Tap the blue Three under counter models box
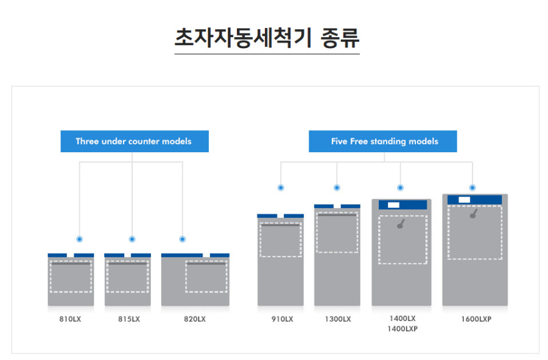(x=134, y=141)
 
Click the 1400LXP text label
(x=402, y=329)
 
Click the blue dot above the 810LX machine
(x=79, y=239)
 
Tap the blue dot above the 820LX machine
(x=182, y=239)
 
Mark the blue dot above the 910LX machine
(x=281, y=188)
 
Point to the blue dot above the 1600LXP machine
(x=472, y=188)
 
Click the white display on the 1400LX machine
(x=393, y=205)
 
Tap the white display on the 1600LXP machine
(x=464, y=200)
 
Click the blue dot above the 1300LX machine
(x=337, y=188)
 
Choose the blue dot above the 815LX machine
(x=132, y=239)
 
